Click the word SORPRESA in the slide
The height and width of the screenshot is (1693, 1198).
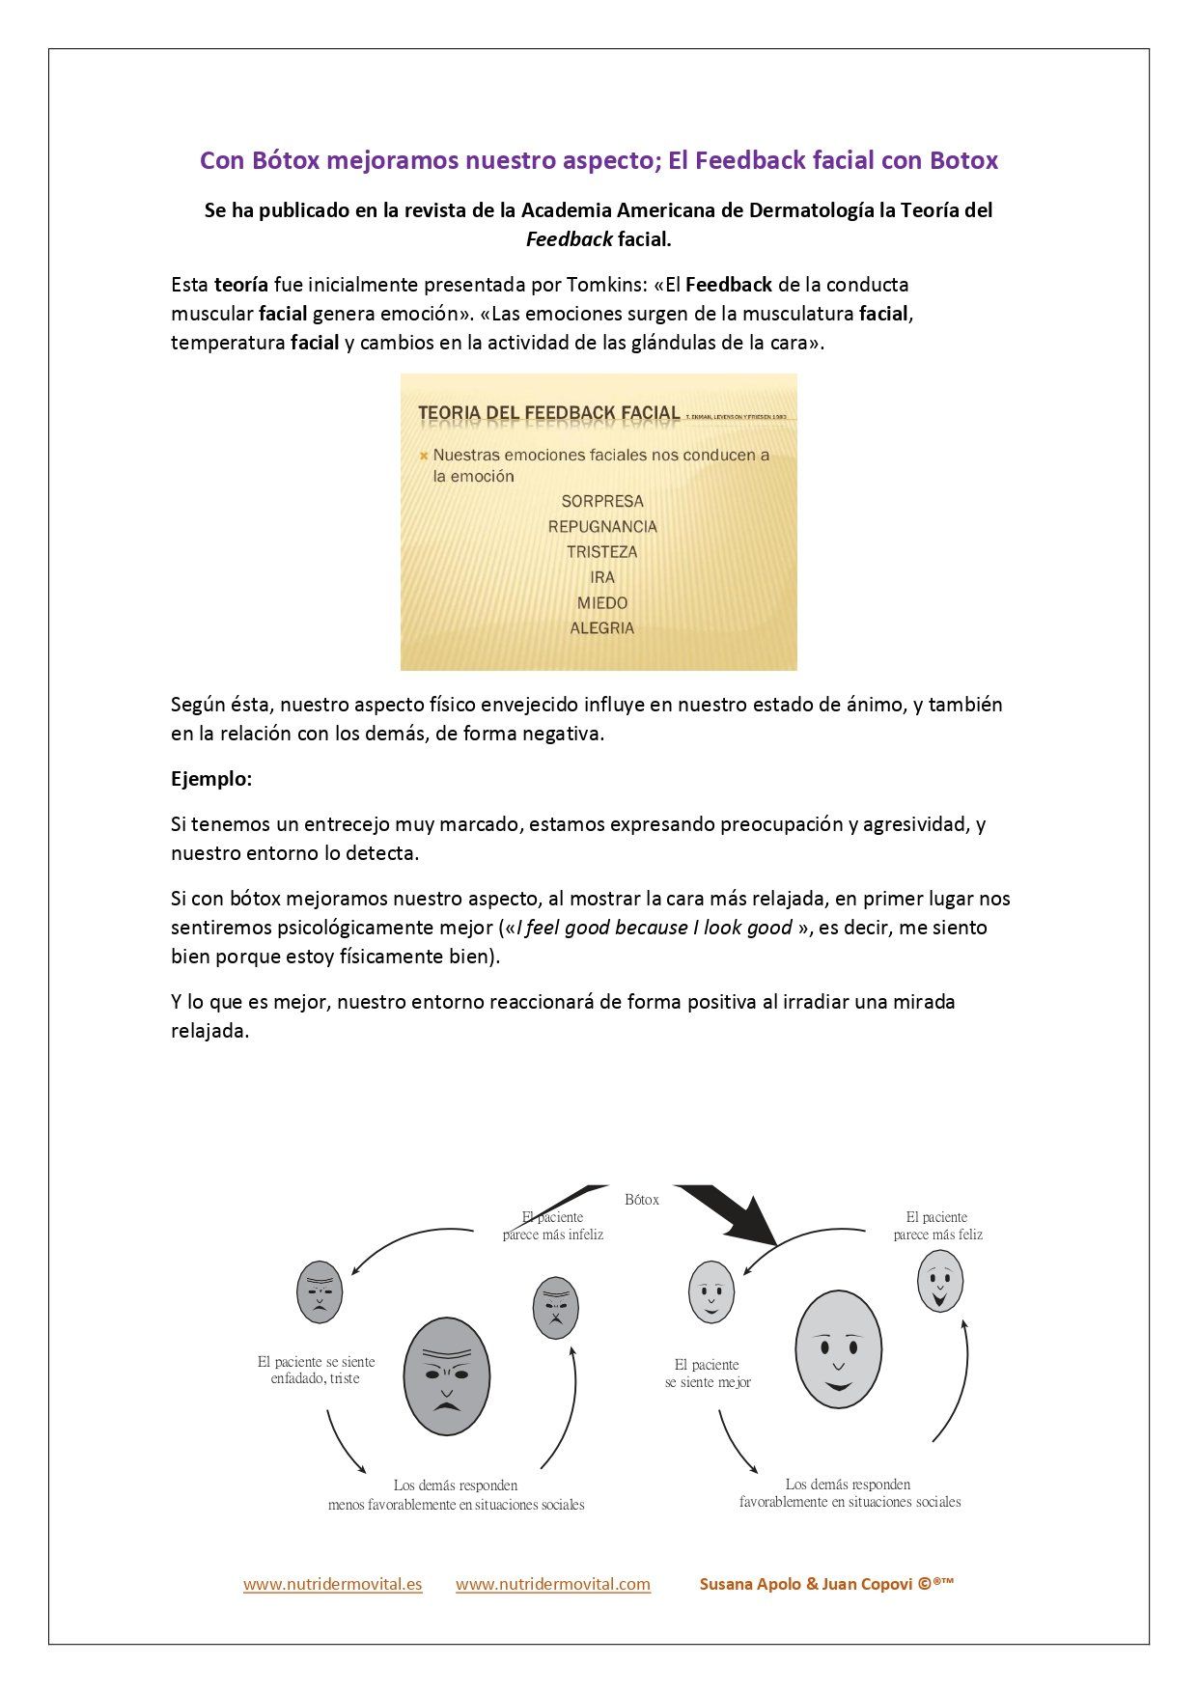(601, 501)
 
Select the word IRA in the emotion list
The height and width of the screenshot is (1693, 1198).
(602, 577)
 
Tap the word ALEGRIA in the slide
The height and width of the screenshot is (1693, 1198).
(601, 628)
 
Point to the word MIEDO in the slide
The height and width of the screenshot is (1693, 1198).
(602, 603)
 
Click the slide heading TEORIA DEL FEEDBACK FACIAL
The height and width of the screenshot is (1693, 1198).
(548, 413)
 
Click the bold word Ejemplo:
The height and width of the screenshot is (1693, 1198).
(211, 779)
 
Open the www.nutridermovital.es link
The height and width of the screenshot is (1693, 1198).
(332, 1584)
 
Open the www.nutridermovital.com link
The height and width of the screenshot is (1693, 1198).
(552, 1584)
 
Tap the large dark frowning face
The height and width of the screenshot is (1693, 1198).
(446, 1375)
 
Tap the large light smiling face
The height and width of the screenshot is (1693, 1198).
(838, 1349)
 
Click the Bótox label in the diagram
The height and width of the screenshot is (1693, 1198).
(642, 1200)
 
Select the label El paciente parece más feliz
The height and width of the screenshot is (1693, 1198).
(937, 1226)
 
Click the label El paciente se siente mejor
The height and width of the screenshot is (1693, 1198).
(708, 1374)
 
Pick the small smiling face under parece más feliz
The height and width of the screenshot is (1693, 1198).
(939, 1281)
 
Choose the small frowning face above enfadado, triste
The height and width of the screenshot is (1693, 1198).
(320, 1291)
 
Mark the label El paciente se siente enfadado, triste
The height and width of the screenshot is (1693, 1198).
(316, 1370)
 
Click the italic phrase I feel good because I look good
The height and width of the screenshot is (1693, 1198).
(655, 929)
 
